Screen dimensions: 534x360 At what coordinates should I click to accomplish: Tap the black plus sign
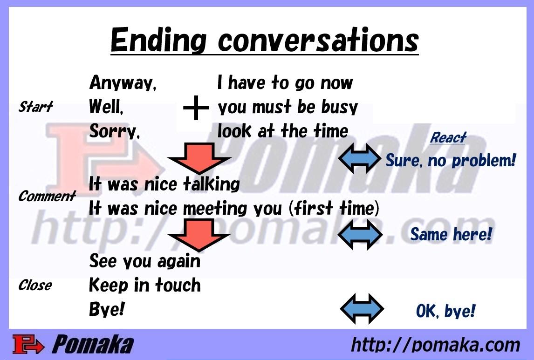(196, 108)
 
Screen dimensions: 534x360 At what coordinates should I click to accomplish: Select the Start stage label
(35, 107)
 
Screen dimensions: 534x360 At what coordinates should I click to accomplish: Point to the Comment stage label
(47, 196)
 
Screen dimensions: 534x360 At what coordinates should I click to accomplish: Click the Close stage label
(35, 285)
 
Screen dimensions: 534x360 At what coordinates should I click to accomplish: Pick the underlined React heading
(448, 137)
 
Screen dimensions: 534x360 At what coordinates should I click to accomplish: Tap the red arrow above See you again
(199, 235)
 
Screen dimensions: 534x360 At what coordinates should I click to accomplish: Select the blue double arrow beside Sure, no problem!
(360, 158)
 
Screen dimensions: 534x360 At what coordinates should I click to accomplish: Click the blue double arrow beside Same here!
(360, 234)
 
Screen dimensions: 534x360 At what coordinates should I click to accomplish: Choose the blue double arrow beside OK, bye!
(362, 309)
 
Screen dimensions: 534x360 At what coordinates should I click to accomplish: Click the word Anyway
(123, 83)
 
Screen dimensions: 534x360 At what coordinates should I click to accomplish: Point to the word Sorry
(115, 131)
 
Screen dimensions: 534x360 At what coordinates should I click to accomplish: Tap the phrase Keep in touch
(145, 285)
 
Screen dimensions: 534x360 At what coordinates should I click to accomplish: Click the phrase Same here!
(451, 234)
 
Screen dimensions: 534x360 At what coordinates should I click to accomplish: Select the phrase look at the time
(283, 131)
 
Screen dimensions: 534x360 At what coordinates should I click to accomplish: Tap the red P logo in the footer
(28, 344)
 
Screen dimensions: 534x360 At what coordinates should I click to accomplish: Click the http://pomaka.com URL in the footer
(436, 345)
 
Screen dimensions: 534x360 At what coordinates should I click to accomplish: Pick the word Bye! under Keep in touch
(107, 309)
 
